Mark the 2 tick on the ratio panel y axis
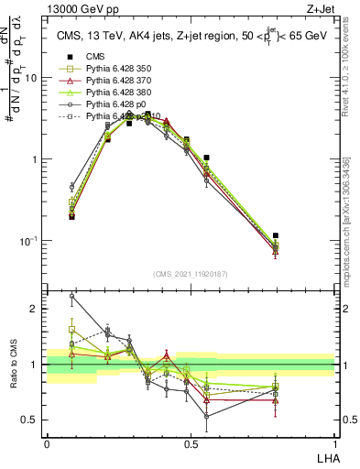(37, 309)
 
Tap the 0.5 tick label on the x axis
(191, 444)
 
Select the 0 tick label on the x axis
(47, 444)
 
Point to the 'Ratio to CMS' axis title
(12, 364)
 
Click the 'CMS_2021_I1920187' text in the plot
(191, 272)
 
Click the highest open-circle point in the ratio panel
(72, 296)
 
